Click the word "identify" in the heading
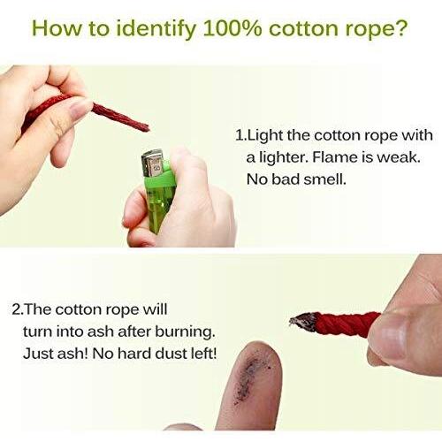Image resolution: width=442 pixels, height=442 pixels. [x=156, y=29]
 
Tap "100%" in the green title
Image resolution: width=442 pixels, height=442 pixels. [x=232, y=28]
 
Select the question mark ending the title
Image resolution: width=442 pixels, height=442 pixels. [x=400, y=28]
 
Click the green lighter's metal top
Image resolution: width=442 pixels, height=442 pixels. [x=152, y=163]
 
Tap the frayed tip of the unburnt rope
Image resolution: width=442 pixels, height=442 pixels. [x=145, y=127]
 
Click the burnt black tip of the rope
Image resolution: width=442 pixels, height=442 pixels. [x=303, y=322]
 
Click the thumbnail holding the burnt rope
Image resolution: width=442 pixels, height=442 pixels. [x=390, y=338]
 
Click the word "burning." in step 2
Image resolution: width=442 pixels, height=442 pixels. [x=185, y=332]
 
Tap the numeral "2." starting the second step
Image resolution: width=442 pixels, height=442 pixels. [x=19, y=310]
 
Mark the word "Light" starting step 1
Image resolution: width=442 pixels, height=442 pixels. [x=264, y=136]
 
